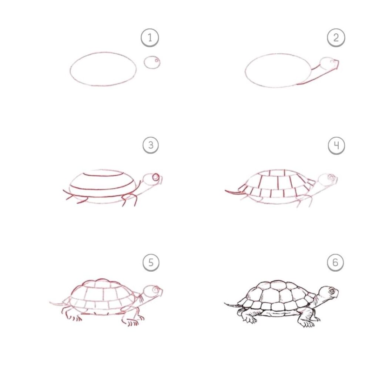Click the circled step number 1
pyautogui.click(x=150, y=38)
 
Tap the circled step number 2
pyautogui.click(x=336, y=38)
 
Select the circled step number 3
pyautogui.click(x=151, y=145)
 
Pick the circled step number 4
pyautogui.click(x=336, y=146)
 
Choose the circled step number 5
pyautogui.click(x=151, y=263)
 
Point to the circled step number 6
pyautogui.click(x=335, y=263)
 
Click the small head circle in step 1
pyautogui.click(x=152, y=62)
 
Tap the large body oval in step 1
pyautogui.click(x=103, y=69)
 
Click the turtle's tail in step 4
pyautogui.click(x=232, y=192)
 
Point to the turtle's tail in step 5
pyautogui.click(x=56, y=303)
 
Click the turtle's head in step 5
pyautogui.click(x=153, y=291)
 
